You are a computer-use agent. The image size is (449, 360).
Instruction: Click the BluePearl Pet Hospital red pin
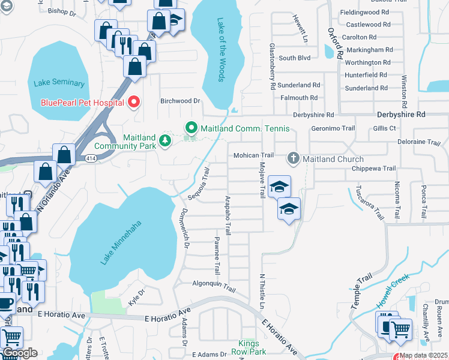click(x=133, y=102)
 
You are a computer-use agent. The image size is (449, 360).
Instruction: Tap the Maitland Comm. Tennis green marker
click(x=191, y=128)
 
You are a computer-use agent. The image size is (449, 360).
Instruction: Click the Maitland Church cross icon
click(x=293, y=158)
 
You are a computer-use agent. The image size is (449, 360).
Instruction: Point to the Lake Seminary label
click(x=59, y=83)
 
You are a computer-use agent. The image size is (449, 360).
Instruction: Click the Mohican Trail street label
click(x=253, y=155)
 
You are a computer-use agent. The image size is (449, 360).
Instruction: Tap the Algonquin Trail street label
click(x=214, y=285)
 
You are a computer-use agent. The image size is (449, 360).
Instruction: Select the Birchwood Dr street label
click(x=179, y=101)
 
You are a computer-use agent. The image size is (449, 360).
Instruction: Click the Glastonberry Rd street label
click(x=272, y=67)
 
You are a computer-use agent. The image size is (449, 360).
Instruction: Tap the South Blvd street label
click(x=294, y=58)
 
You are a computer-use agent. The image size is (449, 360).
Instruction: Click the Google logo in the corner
click(x=19, y=352)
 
